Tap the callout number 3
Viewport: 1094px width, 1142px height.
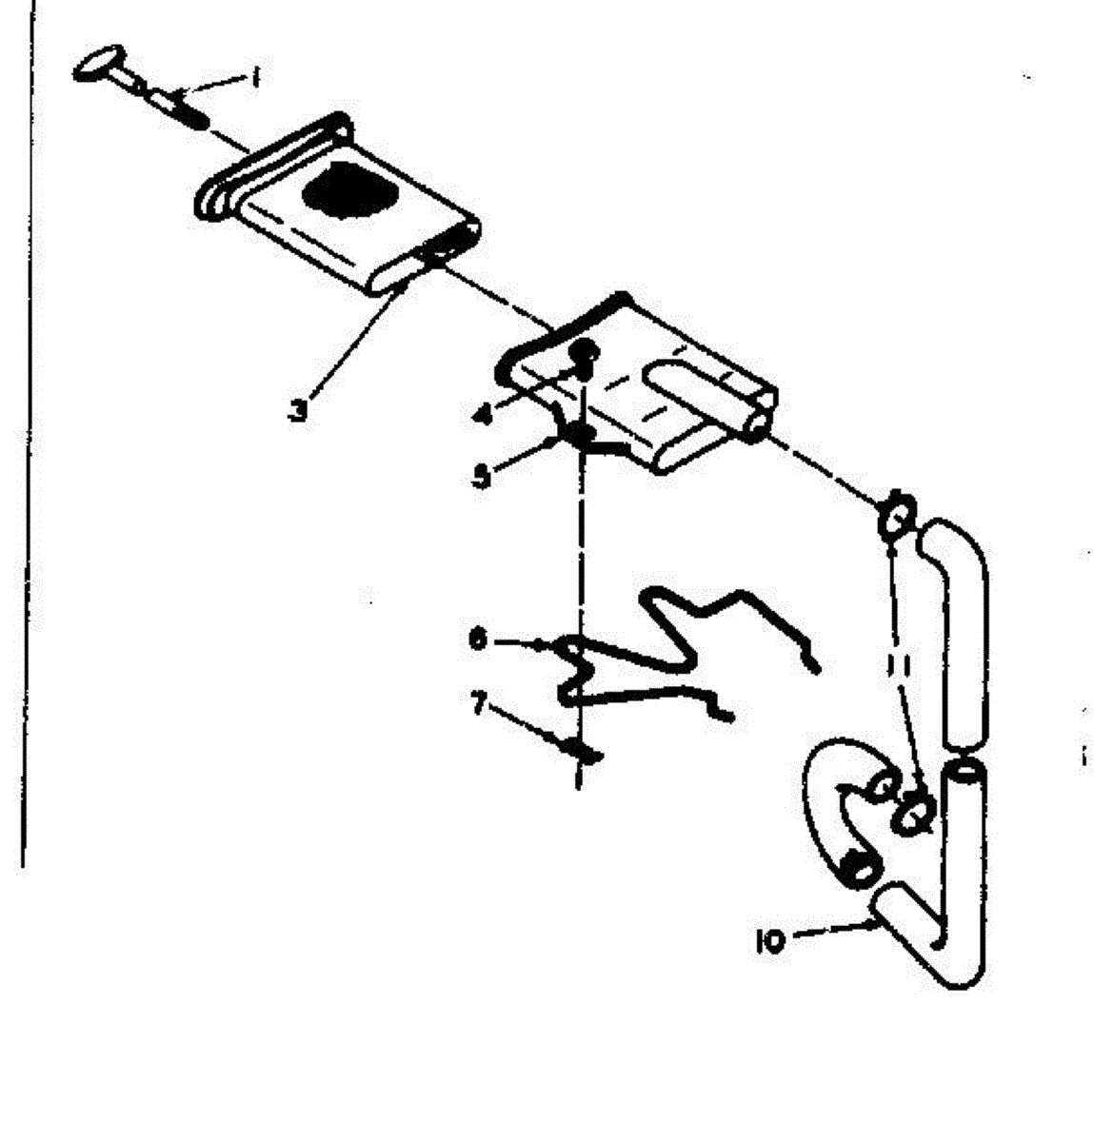[299, 414]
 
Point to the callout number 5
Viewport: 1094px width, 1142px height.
[483, 475]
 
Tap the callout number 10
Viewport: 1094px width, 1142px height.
[769, 942]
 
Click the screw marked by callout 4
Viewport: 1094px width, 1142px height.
[585, 355]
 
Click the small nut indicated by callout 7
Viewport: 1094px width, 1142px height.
[581, 751]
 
